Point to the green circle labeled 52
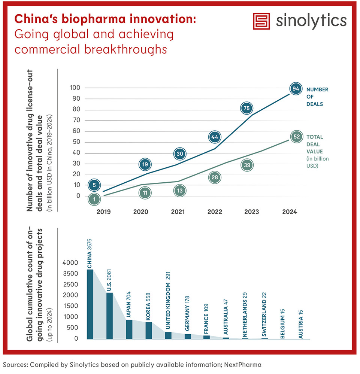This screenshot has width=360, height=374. [x=297, y=137]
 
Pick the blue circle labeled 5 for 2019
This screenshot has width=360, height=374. [x=95, y=184]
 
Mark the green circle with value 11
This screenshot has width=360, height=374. [x=145, y=193]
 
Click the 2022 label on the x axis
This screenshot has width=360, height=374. [x=214, y=212]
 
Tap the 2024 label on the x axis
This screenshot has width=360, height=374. [x=290, y=212]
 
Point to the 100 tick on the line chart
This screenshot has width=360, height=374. [x=76, y=88]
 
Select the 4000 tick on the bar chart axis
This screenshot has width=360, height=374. [x=70, y=263]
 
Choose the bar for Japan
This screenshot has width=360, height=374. [x=129, y=329]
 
